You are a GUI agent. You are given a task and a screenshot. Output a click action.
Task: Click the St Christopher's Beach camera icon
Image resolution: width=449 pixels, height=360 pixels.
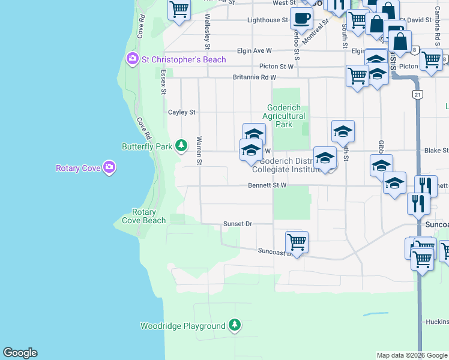coord(132,59)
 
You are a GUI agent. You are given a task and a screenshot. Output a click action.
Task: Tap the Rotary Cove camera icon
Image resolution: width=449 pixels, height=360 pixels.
coord(109,167)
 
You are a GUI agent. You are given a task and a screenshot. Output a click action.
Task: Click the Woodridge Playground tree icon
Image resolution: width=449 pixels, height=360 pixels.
coord(234,326)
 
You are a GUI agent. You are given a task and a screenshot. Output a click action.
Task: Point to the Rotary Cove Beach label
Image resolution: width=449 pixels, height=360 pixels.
coord(144,216)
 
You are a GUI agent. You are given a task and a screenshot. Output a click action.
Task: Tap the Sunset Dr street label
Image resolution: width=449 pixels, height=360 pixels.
coord(238,224)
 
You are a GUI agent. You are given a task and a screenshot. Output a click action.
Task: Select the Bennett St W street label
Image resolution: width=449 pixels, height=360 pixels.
coord(267,186)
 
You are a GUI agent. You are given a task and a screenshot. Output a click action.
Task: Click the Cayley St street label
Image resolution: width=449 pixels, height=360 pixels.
coord(182,112)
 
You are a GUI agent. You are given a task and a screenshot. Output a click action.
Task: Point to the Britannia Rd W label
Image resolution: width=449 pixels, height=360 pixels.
coord(255,77)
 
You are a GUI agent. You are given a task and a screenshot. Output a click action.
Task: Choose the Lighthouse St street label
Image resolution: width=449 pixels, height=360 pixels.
coord(268,20)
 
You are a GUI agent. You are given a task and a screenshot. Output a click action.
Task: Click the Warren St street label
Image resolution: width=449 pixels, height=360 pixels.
coord(199,151)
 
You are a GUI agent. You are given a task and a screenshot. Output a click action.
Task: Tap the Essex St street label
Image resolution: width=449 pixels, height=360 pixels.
coord(163,82)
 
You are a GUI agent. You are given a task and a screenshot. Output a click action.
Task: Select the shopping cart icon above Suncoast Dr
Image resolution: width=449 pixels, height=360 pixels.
coord(297,242)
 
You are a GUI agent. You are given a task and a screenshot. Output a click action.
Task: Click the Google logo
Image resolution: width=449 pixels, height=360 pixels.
coord(20,353)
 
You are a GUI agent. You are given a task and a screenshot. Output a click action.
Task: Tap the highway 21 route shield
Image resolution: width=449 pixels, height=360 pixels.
coord(417,95)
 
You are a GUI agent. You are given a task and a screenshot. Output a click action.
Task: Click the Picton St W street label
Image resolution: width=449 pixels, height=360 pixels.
coord(277,67)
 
